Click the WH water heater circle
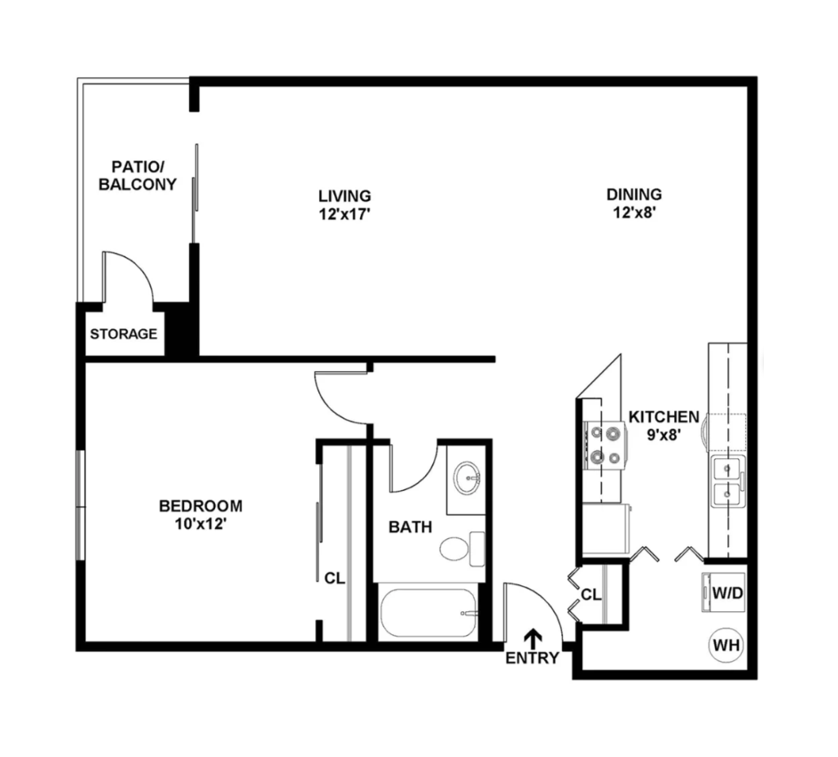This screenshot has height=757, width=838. pos(726,645)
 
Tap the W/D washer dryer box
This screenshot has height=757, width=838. pos(723,592)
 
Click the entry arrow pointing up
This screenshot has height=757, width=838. pos(533,638)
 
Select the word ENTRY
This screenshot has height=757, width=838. pos(533,658)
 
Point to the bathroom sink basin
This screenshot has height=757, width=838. pos(467,476)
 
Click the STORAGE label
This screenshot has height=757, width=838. pos(124,334)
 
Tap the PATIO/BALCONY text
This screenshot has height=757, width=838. pos(138,175)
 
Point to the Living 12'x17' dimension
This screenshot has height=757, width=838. pos(344,214)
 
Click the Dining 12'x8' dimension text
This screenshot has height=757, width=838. pos(634,212)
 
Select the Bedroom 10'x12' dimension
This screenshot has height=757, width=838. pos(200,524)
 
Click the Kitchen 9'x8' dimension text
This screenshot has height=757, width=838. pos(663,435)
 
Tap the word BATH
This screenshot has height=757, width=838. pos(410,527)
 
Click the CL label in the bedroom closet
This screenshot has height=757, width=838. pos(335,578)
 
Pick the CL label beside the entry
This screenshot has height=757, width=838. pos(591,594)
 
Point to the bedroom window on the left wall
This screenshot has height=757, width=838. pos(80,505)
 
